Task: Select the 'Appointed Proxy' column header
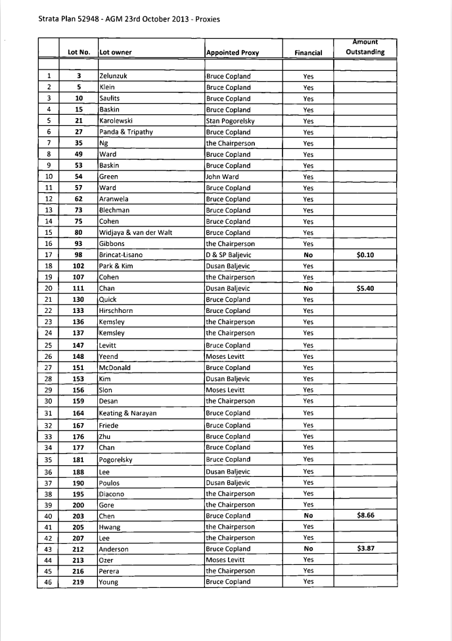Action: (233, 52)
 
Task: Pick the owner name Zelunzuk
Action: (113, 76)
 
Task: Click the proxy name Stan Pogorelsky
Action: (230, 121)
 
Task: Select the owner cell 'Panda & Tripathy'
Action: (125, 132)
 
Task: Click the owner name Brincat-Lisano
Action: (121, 255)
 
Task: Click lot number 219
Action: (78, 582)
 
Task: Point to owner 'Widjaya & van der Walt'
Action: (135, 232)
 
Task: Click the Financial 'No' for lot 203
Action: (308, 516)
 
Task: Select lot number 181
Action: (78, 459)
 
